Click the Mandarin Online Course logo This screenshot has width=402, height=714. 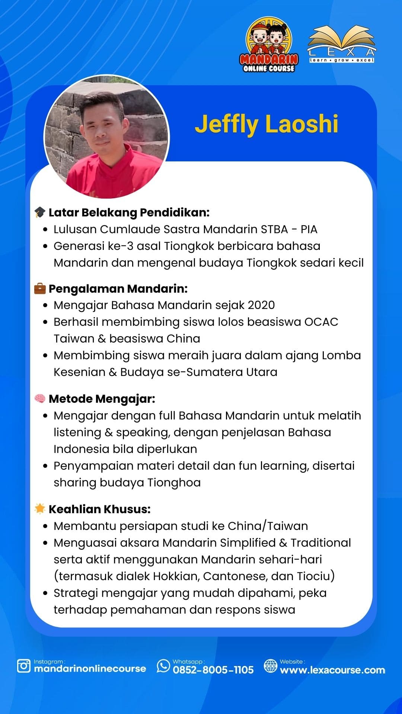click(269, 45)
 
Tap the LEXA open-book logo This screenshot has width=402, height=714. click(342, 44)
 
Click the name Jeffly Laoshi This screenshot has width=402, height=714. click(267, 124)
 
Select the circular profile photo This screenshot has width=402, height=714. click(106, 136)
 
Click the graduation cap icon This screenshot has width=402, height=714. click(40, 212)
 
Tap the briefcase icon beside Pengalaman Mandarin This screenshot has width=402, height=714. click(40, 288)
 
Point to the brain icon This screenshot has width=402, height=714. click(40, 399)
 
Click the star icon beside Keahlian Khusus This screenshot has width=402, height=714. click(40, 509)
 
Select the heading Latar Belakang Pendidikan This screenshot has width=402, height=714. click(129, 212)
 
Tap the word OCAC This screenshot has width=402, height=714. click(321, 322)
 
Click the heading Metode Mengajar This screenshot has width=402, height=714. click(102, 399)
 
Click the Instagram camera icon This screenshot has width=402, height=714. click(24, 666)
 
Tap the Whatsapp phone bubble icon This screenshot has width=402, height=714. click(163, 666)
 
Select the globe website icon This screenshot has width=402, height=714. click(271, 666)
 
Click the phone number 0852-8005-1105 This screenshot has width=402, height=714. click(213, 670)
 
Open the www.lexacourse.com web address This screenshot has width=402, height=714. click(332, 670)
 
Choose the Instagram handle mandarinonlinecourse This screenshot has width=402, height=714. click(90, 669)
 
